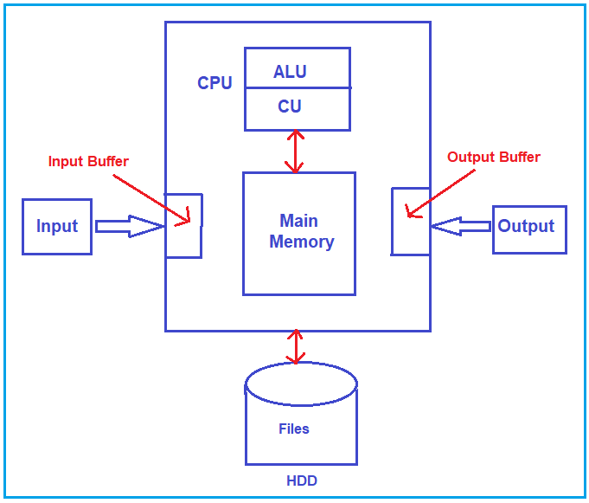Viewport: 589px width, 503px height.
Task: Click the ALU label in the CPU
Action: click(x=290, y=72)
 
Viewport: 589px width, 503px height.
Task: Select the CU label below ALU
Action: click(x=290, y=107)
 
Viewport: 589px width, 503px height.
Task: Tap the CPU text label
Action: click(x=214, y=83)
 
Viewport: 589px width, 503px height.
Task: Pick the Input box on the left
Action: click(x=57, y=226)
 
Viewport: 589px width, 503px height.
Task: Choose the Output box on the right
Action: click(x=528, y=227)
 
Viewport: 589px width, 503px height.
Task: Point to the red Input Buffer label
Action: click(x=88, y=162)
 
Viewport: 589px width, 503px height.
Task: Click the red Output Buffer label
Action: click(x=493, y=158)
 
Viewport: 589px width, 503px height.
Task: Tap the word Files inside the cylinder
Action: click(x=294, y=429)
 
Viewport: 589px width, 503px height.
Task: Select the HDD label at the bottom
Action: click(x=302, y=480)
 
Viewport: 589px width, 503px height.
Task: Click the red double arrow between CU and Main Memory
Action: click(x=297, y=152)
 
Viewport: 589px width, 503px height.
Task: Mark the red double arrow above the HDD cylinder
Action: click(x=297, y=346)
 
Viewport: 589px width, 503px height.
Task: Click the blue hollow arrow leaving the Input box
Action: click(x=129, y=226)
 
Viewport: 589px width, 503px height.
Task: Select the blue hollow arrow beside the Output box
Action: click(x=461, y=227)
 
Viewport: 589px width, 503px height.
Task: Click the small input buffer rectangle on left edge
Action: click(x=183, y=226)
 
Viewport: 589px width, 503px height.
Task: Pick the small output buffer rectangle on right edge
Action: click(x=411, y=222)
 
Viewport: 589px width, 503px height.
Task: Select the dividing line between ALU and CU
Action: click(x=298, y=88)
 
